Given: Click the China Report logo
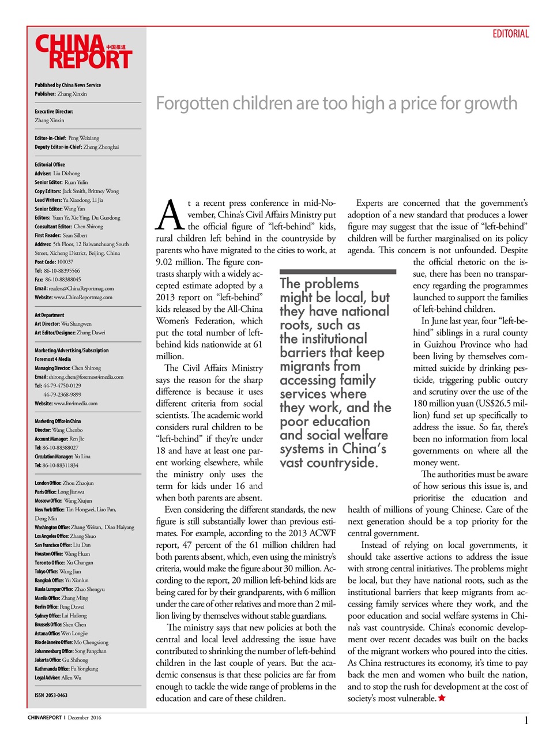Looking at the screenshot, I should pos(83,52).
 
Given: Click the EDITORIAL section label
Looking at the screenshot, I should pos(510,34).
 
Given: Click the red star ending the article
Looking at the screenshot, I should pos(442,698).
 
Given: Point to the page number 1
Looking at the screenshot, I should pos(526,720).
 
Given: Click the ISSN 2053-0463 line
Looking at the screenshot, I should pos(51,695).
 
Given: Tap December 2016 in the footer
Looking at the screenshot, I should pos(84,718).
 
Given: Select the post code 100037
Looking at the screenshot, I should pos(65,262).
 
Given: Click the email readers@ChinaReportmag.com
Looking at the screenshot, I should pos(81,288).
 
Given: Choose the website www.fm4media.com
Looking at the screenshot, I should pos(76,404).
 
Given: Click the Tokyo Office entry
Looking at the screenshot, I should pos(58,571).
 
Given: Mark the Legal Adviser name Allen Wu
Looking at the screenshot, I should pos(71,677).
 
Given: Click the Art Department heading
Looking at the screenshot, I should pos(50,315).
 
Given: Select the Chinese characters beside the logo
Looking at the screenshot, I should pos(116,47).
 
